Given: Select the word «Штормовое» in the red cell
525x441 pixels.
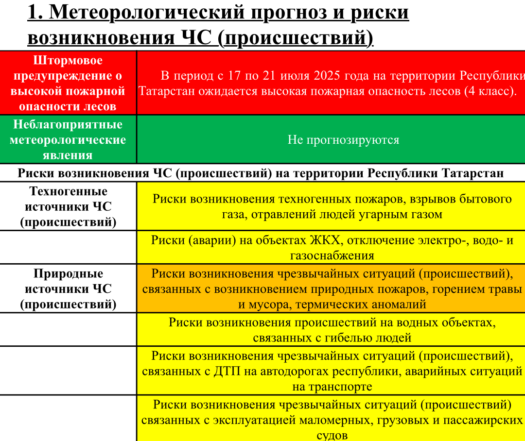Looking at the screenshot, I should pyautogui.click(x=68, y=61).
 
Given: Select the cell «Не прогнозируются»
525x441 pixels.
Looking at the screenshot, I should pyautogui.click(x=343, y=140).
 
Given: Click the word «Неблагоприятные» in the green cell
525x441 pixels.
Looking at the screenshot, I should pyautogui.click(x=68, y=125).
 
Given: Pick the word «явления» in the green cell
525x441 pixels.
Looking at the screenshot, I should pyautogui.click(x=68, y=155).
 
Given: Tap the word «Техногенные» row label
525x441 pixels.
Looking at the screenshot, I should pyautogui.click(x=69, y=191).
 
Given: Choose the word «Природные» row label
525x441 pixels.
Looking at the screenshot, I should pyautogui.click(x=69, y=273).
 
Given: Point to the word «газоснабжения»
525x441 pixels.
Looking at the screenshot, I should pyautogui.click(x=332, y=255).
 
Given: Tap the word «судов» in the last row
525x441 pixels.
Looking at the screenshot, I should pyautogui.click(x=332, y=435).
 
